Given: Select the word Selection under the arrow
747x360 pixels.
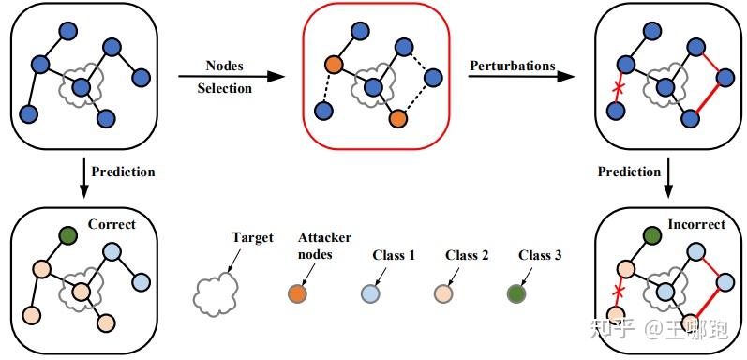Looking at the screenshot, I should click(x=224, y=88).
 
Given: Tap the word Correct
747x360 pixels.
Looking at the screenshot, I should click(x=112, y=224).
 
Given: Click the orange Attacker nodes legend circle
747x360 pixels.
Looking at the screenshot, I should click(x=297, y=294).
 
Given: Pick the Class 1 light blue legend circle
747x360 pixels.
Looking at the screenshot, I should click(x=370, y=294).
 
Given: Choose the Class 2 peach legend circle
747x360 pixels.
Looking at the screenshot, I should click(x=443, y=294).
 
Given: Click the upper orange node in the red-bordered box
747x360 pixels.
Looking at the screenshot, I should click(x=334, y=66).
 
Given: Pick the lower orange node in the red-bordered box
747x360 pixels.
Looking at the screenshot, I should click(x=397, y=119).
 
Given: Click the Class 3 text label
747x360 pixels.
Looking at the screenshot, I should click(x=541, y=255).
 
